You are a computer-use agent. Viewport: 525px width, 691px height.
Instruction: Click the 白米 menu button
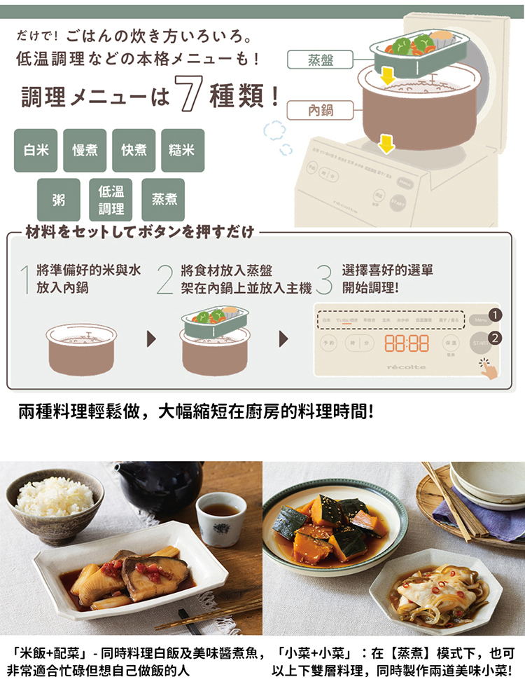[x=36, y=151]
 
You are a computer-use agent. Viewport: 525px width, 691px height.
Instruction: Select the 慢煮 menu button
[x=85, y=151]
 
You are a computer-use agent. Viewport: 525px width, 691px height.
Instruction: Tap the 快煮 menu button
[x=134, y=151]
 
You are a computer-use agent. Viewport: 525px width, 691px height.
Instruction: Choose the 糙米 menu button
[x=183, y=151]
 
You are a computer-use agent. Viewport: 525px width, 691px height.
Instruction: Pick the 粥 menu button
[x=59, y=200]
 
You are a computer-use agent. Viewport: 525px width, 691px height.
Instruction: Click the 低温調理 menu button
[x=111, y=200]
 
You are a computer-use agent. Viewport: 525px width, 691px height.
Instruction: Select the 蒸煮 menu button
[x=164, y=200]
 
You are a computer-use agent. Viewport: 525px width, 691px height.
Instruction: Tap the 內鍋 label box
[x=321, y=110]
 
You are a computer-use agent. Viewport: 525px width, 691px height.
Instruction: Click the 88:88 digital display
[x=407, y=343]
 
